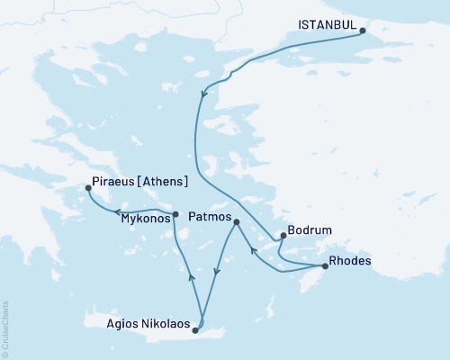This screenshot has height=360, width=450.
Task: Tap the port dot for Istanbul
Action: [x=362, y=31]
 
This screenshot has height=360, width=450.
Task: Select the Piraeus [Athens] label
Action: [x=140, y=181]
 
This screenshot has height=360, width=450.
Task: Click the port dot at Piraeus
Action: [x=88, y=188]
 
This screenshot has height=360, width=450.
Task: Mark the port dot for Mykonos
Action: [x=175, y=213]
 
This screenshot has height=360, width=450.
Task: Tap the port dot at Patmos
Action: [x=237, y=221]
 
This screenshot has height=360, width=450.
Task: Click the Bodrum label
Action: [x=307, y=230]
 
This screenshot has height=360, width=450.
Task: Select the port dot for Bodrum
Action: [x=283, y=237]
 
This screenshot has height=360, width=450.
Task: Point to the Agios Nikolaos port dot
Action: [x=195, y=330]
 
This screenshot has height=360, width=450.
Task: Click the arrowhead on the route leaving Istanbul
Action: [x=205, y=92]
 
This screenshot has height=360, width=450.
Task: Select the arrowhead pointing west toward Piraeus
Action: [x=118, y=211]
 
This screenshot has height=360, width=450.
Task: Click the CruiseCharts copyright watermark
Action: [x=5, y=323]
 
